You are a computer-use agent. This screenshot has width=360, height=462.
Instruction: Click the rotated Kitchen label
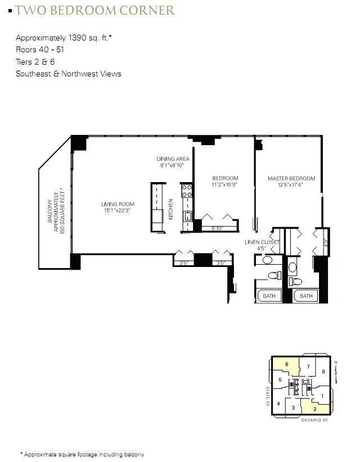click(x=170, y=209)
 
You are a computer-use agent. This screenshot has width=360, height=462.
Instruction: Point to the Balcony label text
click(x=56, y=211)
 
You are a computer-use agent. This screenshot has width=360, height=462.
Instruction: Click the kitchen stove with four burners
click(x=187, y=191)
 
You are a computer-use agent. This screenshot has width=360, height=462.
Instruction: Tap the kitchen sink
click(x=187, y=216)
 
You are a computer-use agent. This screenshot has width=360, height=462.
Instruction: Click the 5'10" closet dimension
click(x=217, y=228)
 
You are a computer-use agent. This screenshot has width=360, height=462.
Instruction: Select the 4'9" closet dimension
click(x=326, y=242)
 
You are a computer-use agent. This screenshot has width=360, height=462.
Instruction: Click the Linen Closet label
click(x=262, y=245)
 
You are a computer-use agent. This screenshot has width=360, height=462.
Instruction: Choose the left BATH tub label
click(x=269, y=296)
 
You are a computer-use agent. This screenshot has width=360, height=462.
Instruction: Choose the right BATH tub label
click(x=306, y=296)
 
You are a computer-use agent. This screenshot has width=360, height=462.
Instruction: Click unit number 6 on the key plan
click(x=286, y=364)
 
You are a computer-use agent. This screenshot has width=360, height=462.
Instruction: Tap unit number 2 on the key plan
click(x=315, y=409)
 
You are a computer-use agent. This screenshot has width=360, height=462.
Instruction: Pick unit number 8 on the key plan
click(x=323, y=372)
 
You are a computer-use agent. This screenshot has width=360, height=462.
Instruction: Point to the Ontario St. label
click(x=315, y=420)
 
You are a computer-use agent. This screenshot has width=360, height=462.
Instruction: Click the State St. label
click(x=267, y=397)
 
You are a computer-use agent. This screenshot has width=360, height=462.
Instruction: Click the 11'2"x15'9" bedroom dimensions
click(x=224, y=185)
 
